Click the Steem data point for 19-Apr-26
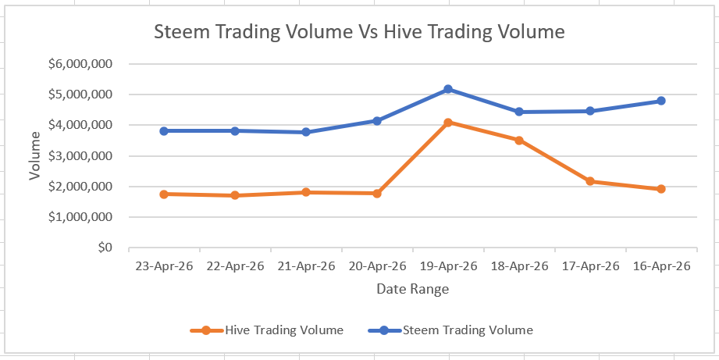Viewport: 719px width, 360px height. pos(448,89)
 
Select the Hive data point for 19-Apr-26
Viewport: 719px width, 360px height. pos(448,123)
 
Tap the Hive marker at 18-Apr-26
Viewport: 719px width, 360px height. pos(518,141)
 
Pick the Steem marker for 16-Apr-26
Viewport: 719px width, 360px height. pos(660,101)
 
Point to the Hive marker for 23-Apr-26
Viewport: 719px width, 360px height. pos(164,194)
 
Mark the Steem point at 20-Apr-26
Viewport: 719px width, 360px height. pos(377,121)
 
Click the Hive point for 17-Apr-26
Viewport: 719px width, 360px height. pos(589,181)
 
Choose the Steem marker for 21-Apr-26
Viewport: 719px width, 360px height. pos(306,132)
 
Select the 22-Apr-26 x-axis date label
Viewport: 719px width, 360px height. pos(235,266)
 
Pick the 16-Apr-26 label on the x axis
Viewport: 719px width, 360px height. pos(660,266)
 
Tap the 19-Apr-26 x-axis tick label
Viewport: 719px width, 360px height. pos(448,266)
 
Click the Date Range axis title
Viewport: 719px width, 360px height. pos(412,290)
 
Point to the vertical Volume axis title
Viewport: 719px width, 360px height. pos(35,156)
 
